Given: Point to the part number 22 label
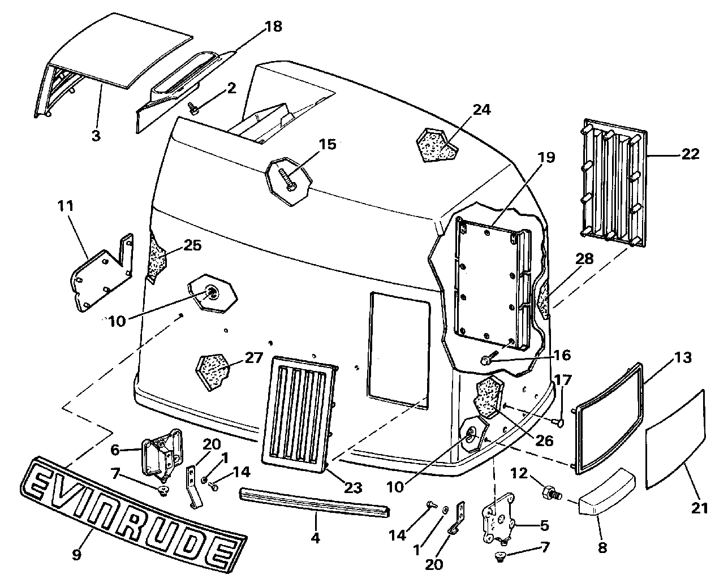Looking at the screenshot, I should [691, 154].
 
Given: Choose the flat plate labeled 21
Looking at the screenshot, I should [675, 439].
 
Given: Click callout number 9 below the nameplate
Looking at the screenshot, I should [77, 554].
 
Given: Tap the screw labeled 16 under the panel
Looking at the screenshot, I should [487, 360].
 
